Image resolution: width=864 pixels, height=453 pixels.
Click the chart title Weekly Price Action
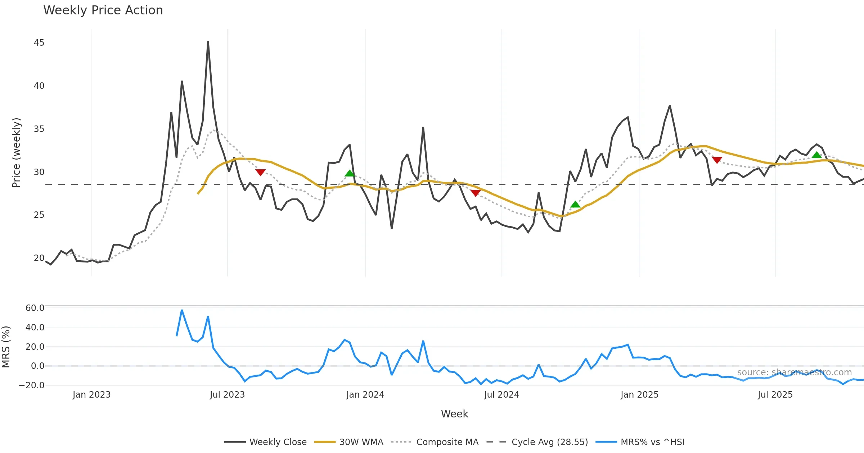(103, 10)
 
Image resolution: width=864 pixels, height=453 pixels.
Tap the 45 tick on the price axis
(39, 43)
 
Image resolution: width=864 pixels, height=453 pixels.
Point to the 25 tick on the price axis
(39, 215)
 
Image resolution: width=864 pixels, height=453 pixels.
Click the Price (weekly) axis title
(16, 153)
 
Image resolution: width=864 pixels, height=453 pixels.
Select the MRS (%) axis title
(6, 347)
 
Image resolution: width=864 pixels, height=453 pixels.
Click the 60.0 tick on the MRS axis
(35, 308)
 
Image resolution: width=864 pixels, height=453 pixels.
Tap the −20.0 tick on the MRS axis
(32, 385)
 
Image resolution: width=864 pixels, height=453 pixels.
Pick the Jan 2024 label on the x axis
(365, 395)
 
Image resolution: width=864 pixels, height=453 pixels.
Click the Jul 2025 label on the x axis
(775, 395)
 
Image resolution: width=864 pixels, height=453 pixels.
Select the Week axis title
(454, 414)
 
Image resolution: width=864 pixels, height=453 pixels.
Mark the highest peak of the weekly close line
(208, 42)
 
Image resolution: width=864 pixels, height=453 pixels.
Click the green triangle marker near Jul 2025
(816, 155)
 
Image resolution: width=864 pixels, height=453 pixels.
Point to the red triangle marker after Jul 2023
(260, 172)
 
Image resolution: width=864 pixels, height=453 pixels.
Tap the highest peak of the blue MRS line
(182, 310)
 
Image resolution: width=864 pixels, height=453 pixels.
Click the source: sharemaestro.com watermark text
(794, 372)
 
